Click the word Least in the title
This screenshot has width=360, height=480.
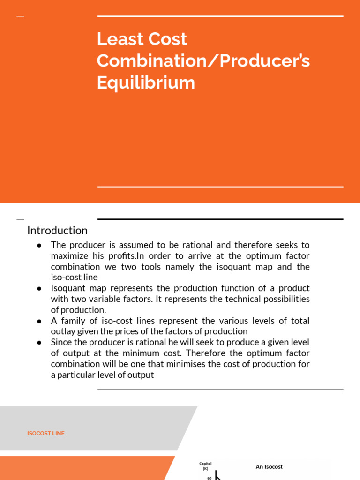click(x=115, y=39)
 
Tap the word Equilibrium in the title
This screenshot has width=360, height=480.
click(x=146, y=83)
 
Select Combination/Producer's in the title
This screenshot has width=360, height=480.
click(x=203, y=61)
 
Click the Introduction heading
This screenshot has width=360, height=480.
click(x=57, y=231)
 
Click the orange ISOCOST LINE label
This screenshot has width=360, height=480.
click(x=46, y=434)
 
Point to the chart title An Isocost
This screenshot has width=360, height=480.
click(x=269, y=466)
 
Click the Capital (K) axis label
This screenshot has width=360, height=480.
click(x=205, y=465)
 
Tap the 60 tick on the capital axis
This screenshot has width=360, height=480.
click(x=210, y=478)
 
